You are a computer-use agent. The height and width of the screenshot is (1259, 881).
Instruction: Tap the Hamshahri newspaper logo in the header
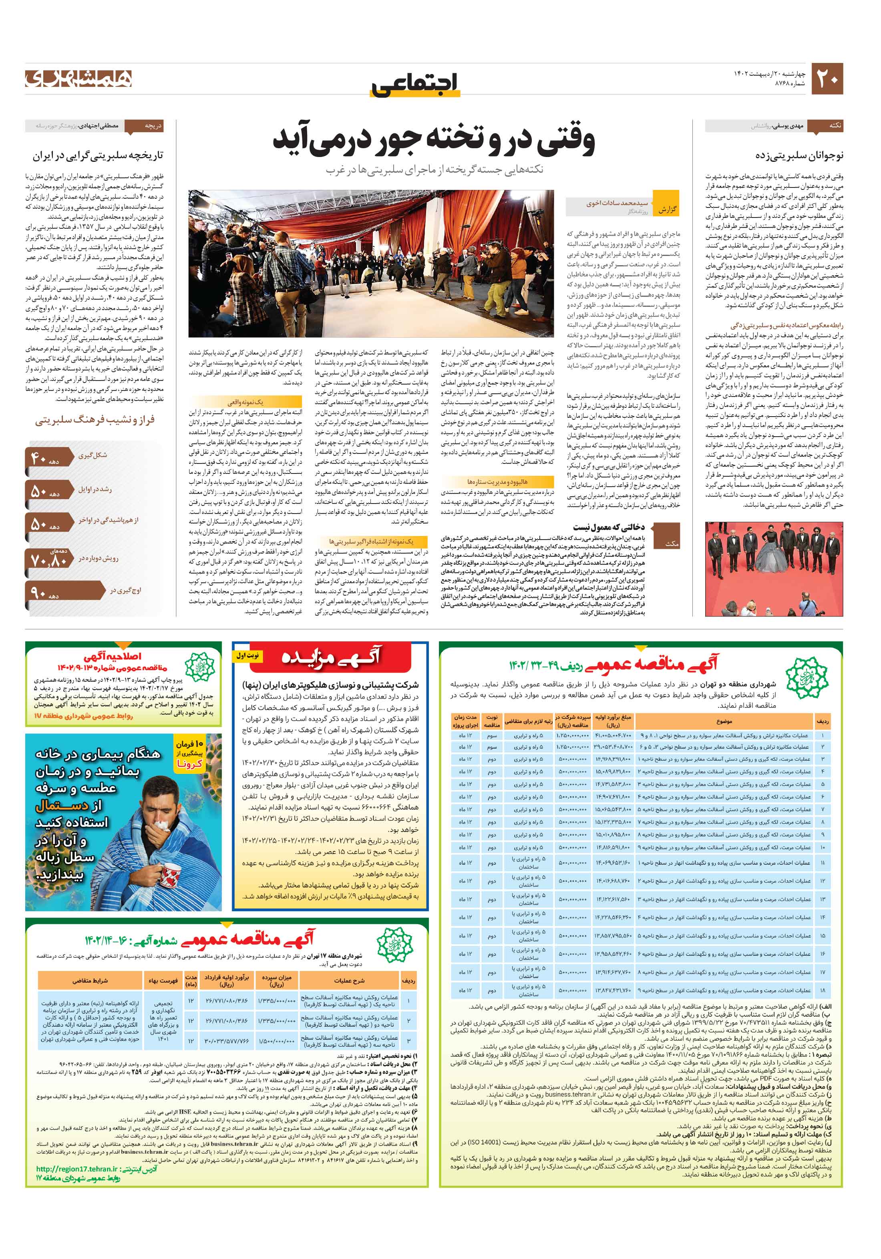[78, 79]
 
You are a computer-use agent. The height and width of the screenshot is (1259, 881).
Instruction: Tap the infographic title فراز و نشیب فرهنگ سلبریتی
[95, 421]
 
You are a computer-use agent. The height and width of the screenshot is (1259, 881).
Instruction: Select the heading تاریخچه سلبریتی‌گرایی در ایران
[98, 156]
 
